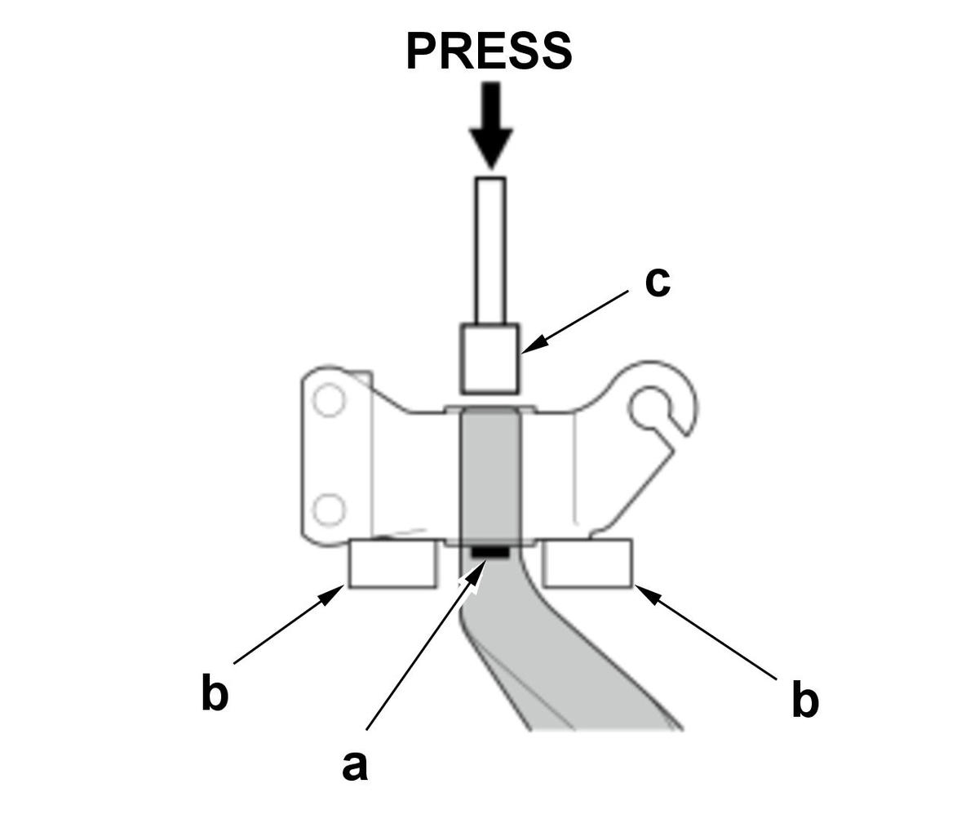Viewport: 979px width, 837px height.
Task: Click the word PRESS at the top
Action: point(489,51)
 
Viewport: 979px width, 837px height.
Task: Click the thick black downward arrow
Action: point(491,126)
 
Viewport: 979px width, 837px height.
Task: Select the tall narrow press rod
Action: point(490,251)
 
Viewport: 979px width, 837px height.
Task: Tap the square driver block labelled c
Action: point(490,358)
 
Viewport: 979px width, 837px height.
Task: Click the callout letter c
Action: point(658,283)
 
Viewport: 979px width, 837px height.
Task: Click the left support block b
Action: point(392,563)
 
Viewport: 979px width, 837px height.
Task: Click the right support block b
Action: point(587,563)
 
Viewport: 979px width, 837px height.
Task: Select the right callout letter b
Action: point(805,698)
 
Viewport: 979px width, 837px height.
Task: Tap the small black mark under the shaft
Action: point(489,552)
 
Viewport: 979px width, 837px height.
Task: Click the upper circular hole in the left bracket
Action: point(328,400)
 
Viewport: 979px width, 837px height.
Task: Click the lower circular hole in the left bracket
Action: point(328,510)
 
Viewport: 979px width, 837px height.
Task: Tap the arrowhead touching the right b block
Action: point(647,594)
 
